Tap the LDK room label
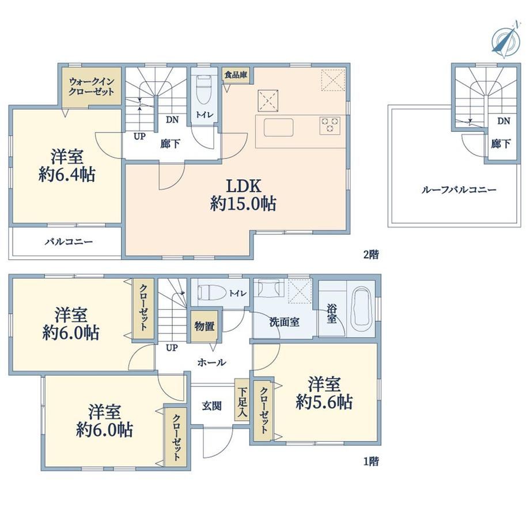coord(243,186)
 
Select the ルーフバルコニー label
coord(459,190)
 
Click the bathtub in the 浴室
coord(362,311)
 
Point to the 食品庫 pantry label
coord(236,75)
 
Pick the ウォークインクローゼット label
coord(91,86)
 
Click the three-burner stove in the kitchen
coord(330,125)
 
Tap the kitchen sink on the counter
coord(278,127)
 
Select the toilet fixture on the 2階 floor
coord(203,89)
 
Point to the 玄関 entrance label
coord(211,406)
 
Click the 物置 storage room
coord(205,326)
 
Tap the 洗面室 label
coord(284,322)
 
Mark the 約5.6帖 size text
coord(324,402)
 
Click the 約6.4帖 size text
coord(67,175)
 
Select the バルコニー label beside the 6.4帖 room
coord(69,242)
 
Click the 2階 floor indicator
coord(371,255)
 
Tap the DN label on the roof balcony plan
coord(503,120)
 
